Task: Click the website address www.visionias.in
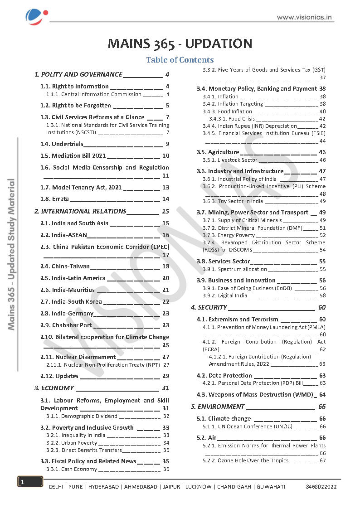[305, 18]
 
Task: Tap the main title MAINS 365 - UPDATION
[180, 44]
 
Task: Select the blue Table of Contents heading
[180, 60]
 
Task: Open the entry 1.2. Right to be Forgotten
[82, 106]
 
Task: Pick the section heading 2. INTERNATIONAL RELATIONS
[81, 211]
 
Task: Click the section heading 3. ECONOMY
[54, 388]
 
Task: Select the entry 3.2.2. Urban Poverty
[72, 443]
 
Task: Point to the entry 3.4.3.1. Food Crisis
[232, 119]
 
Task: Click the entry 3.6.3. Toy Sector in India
[233, 201]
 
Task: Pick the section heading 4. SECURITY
[209, 307]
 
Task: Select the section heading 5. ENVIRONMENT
[218, 407]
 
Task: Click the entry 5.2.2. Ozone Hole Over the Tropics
[245, 461]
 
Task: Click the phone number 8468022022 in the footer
[321, 487]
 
